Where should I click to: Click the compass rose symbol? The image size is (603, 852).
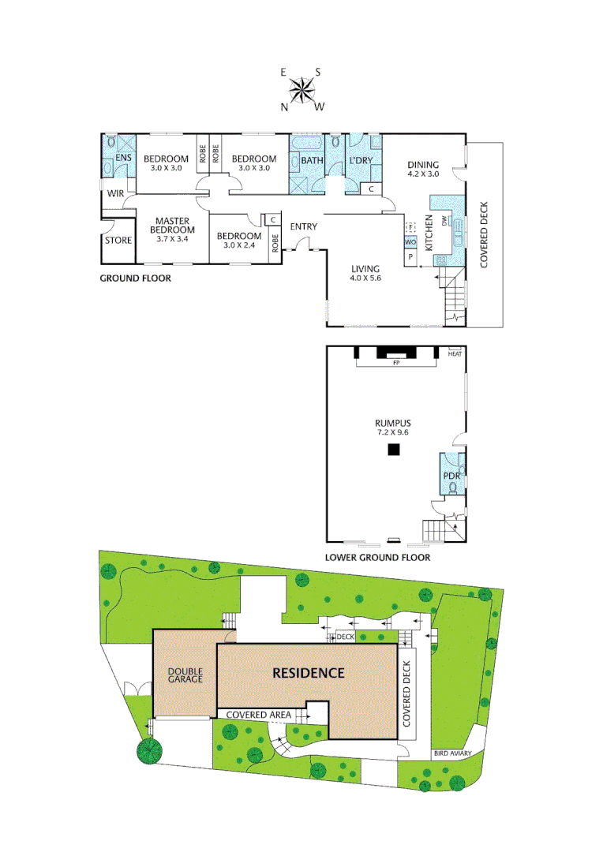pos(301,90)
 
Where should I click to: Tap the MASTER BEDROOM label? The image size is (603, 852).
pos(170,230)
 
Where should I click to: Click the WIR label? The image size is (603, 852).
pos(116,192)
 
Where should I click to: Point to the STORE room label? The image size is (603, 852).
pos(118,241)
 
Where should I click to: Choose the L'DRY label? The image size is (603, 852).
pos(361,161)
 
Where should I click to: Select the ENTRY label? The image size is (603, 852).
pos(304,227)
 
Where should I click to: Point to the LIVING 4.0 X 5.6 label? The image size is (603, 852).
pos(366,273)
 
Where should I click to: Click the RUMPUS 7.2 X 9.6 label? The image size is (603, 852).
pos(392,428)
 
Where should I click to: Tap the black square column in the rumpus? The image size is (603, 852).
pos(393,450)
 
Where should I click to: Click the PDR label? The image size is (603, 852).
pos(451,476)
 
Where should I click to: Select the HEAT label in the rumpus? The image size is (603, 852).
pos(455,353)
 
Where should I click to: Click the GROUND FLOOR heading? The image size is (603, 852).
pos(135,278)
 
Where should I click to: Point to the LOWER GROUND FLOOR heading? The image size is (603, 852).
pos(377,557)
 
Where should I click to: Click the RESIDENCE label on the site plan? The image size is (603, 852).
pos(309,673)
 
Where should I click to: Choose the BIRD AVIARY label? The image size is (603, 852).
pos(452,754)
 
